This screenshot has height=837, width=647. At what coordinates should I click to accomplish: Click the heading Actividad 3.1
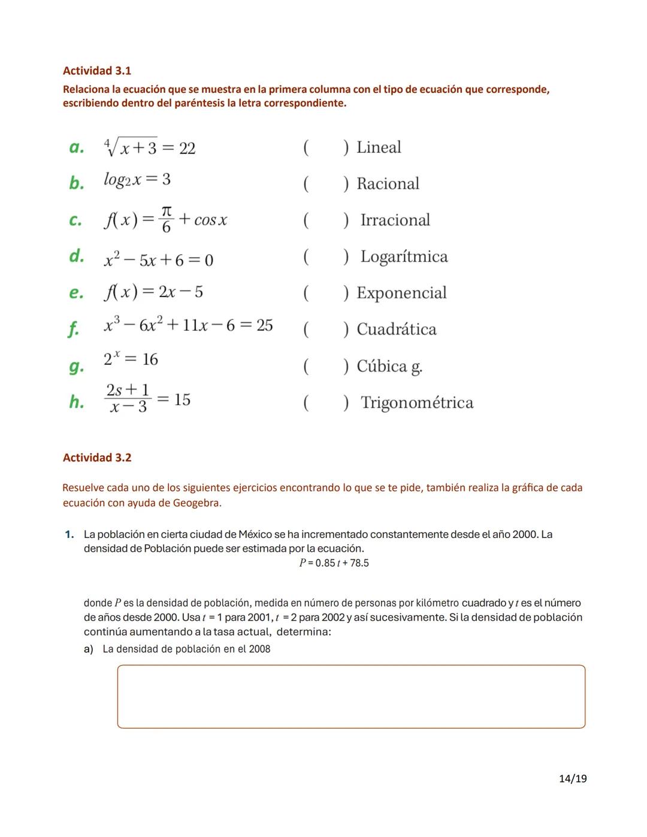(x=97, y=71)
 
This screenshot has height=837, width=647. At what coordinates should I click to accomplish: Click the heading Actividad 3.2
(x=97, y=458)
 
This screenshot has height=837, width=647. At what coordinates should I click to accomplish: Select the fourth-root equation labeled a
(x=150, y=147)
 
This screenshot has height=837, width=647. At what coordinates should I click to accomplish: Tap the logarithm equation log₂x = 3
(x=137, y=180)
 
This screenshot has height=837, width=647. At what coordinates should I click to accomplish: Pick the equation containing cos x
(x=166, y=220)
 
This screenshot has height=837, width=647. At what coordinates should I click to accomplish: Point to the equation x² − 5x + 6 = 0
(x=159, y=259)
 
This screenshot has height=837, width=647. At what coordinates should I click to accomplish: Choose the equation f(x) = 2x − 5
(x=154, y=292)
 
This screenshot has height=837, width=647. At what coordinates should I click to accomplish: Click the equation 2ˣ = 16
(x=131, y=359)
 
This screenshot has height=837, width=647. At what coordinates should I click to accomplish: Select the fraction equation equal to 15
(x=147, y=399)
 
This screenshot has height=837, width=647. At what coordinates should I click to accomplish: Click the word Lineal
(x=379, y=147)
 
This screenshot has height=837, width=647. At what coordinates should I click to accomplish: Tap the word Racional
(x=388, y=184)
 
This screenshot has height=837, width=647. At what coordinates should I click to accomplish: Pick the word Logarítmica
(x=404, y=256)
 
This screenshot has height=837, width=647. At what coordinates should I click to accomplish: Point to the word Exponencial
(x=401, y=293)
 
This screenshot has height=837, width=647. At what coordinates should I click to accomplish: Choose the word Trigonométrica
(x=416, y=403)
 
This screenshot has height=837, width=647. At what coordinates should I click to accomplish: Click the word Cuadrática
(x=396, y=330)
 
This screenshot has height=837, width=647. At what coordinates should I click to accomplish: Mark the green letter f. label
(x=73, y=328)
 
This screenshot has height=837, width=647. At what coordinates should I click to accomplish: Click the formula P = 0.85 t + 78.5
(x=334, y=563)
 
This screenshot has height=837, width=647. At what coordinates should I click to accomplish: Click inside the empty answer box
(x=351, y=697)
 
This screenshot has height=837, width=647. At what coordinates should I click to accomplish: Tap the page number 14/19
(x=572, y=779)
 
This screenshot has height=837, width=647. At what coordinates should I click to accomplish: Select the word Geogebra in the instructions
(x=196, y=503)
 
